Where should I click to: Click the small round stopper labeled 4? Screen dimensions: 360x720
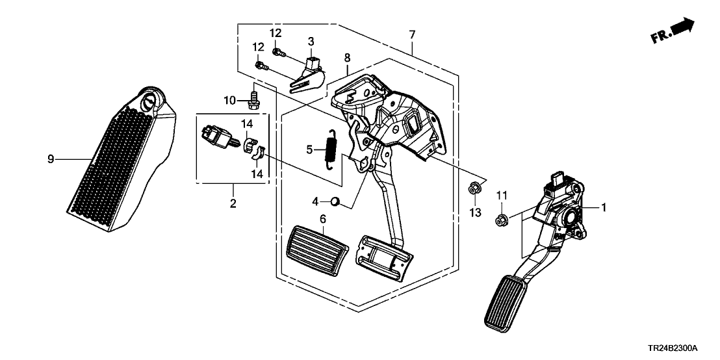tap(336, 201)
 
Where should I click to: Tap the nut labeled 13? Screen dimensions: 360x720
tap(474, 190)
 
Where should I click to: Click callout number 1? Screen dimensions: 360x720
tap(604, 207)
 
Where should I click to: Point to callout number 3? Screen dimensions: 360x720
tap(311, 41)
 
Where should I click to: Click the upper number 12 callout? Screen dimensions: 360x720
tap(276, 33)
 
